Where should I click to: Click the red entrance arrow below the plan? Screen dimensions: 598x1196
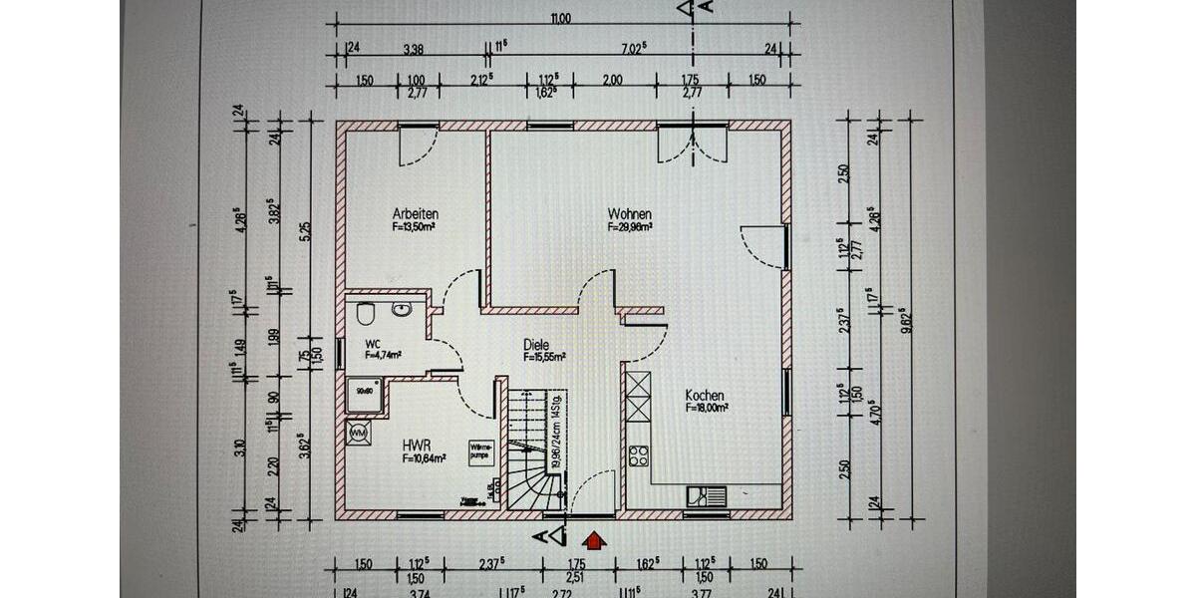594,541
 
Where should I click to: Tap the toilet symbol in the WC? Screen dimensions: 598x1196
366,314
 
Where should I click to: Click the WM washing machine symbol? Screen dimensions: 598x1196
357,433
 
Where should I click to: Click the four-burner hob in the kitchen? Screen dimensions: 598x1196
638,456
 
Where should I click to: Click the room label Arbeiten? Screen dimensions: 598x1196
416,214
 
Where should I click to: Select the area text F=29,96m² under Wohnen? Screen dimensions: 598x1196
630,227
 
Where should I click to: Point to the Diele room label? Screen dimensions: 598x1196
536,345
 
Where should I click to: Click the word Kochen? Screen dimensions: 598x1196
705,395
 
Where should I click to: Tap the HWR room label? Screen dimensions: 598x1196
416,446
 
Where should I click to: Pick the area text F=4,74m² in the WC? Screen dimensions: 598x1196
383,354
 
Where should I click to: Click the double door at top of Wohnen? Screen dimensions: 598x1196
693,145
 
